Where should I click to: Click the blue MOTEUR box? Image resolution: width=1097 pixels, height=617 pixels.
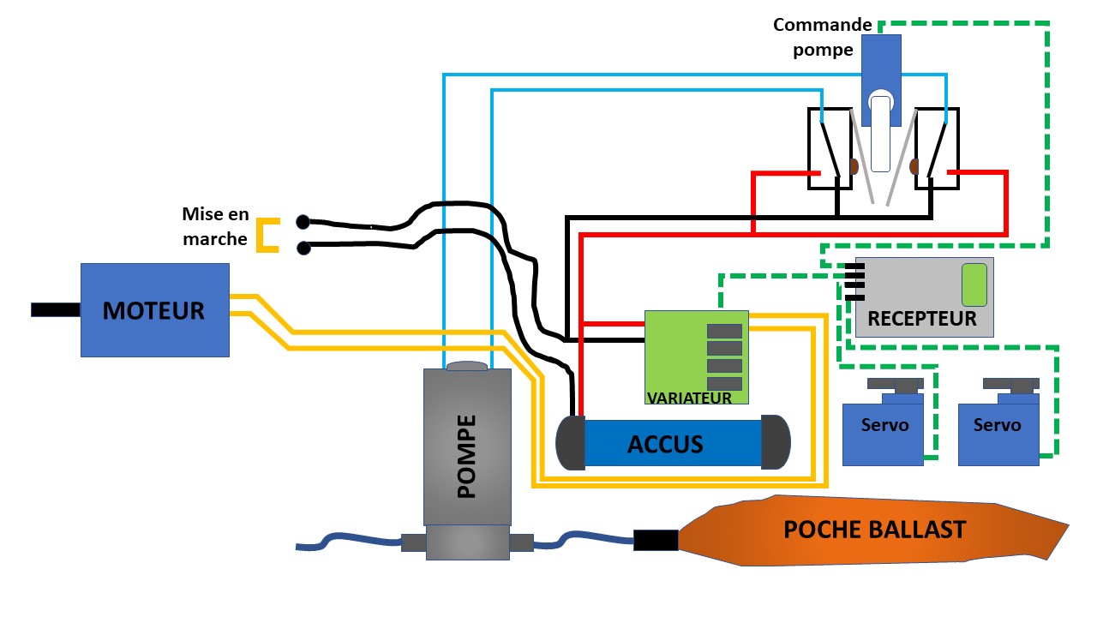(x=154, y=309)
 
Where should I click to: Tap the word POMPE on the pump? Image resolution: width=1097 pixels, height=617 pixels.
(x=466, y=457)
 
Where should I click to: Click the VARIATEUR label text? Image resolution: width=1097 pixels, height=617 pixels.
(x=689, y=398)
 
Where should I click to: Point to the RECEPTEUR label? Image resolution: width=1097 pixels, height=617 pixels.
(x=922, y=319)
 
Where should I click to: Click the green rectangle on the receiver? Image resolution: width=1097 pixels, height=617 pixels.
(x=974, y=285)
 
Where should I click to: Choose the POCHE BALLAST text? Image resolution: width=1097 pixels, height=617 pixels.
(x=874, y=530)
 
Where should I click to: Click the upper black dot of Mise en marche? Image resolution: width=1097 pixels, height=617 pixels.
(x=303, y=222)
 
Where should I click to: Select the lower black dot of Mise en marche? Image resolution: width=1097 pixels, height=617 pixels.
(x=303, y=249)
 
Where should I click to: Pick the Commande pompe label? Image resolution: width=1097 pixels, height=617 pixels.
(x=823, y=37)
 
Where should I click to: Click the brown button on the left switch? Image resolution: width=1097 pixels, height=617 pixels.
(x=854, y=165)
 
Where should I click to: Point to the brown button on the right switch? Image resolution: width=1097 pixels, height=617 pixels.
(x=914, y=165)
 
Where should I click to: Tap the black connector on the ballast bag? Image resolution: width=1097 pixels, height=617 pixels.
(x=656, y=540)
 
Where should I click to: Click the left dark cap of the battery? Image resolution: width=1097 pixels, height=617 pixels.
(x=571, y=442)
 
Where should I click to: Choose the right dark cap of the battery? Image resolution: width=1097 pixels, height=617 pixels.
(x=775, y=442)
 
